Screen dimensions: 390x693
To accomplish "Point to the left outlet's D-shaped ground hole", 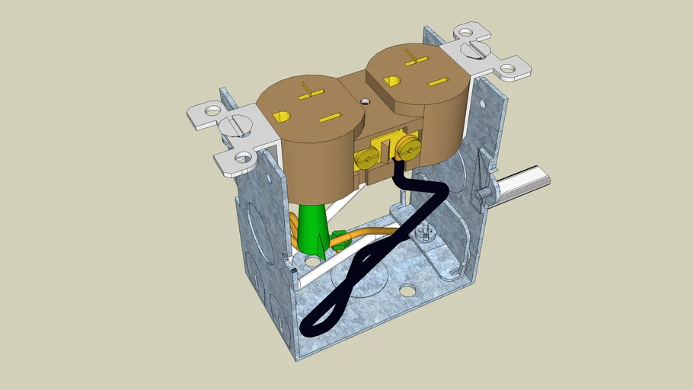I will coord(282,117).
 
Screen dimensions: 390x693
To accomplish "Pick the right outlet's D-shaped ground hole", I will coord(391,81).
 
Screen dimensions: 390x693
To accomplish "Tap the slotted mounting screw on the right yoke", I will coord(475,51).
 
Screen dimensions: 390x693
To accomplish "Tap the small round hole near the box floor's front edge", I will coord(408,290).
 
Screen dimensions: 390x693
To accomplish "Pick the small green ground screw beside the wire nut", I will coord(340,240).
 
